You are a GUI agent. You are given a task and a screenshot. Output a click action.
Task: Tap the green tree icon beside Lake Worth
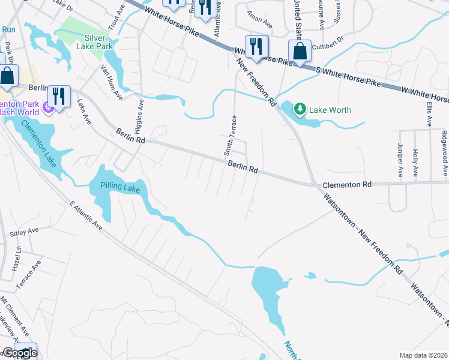point(300,109)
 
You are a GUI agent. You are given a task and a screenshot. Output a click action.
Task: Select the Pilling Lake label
point(115,188)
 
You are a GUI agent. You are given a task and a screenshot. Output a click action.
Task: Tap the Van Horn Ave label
point(111,82)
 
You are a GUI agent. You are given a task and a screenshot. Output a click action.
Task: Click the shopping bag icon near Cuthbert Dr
point(300,50)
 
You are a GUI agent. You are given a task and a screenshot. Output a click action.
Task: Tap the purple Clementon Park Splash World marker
point(47,109)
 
